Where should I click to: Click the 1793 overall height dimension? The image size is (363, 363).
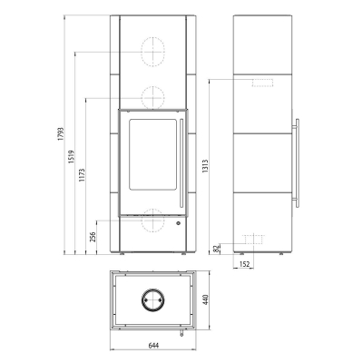tap(61, 134)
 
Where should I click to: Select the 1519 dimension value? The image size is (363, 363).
tap(72, 157)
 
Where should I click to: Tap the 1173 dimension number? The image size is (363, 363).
tap(83, 175)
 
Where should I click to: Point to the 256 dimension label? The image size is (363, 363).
tap(93, 237)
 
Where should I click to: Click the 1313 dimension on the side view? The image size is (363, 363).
tap(205, 166)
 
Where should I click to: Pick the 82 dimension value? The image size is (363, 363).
tap(216, 249)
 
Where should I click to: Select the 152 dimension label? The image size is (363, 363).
tap(244, 264)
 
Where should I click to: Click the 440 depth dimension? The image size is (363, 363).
tap(206, 299)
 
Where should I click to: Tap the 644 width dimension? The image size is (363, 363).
tap(153, 345)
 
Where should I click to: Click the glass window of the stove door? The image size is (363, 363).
tap(152, 154)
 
